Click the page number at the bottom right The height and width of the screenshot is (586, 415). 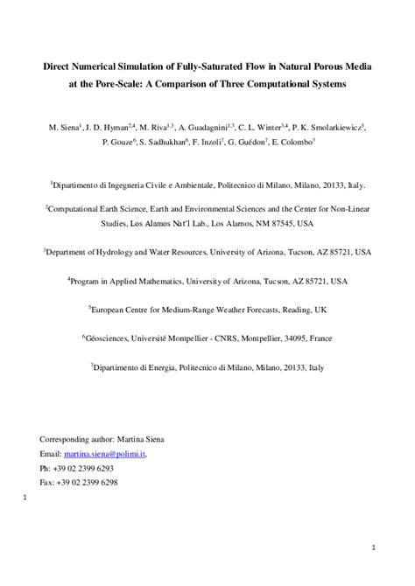coord(373,549)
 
